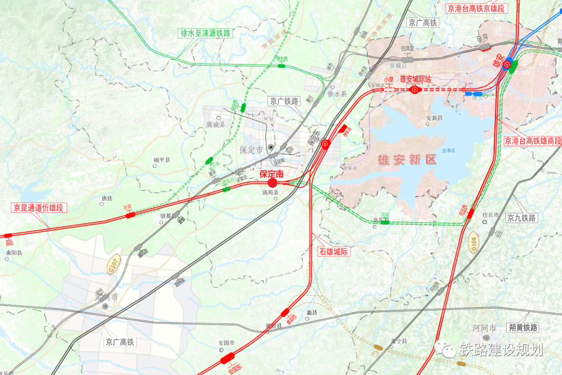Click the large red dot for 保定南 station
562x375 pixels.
pyautogui.click(x=272, y=183)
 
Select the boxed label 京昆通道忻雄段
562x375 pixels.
pyautogui.click(x=40, y=208)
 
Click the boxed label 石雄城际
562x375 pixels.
pyautogui.click(x=334, y=252)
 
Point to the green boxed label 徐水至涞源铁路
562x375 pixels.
pyautogui.click(x=206, y=33)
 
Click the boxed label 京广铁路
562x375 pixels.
pyautogui.click(x=284, y=101)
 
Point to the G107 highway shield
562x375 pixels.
pyautogui.click(x=113, y=265)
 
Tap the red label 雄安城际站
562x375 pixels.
pyautogui.click(x=415, y=80)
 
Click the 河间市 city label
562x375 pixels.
pyautogui.click(x=484, y=328)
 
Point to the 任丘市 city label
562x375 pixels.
pyautogui.click(x=490, y=215)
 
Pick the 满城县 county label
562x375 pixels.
pyautogui.click(x=215, y=125)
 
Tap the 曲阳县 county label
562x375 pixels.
pyautogui.click(x=14, y=253)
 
